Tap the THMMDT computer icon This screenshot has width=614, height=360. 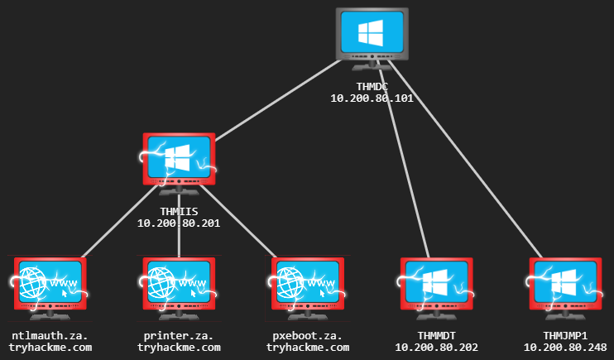436,286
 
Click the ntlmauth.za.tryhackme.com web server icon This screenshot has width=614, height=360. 50,286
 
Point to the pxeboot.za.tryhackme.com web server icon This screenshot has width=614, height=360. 308,286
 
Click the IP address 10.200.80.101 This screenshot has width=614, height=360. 372,98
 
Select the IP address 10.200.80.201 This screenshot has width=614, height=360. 179,223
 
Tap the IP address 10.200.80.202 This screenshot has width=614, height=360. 436,348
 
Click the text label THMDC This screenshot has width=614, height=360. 372,86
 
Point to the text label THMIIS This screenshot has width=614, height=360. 179,211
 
